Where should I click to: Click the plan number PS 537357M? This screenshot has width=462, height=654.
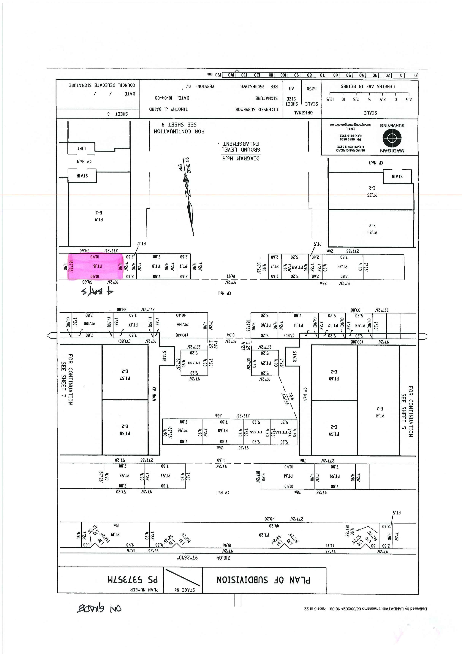(x=132, y=579)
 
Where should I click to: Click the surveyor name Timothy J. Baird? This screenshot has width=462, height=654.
(x=169, y=109)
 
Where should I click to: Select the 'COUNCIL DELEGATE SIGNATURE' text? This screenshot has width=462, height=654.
(x=102, y=85)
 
